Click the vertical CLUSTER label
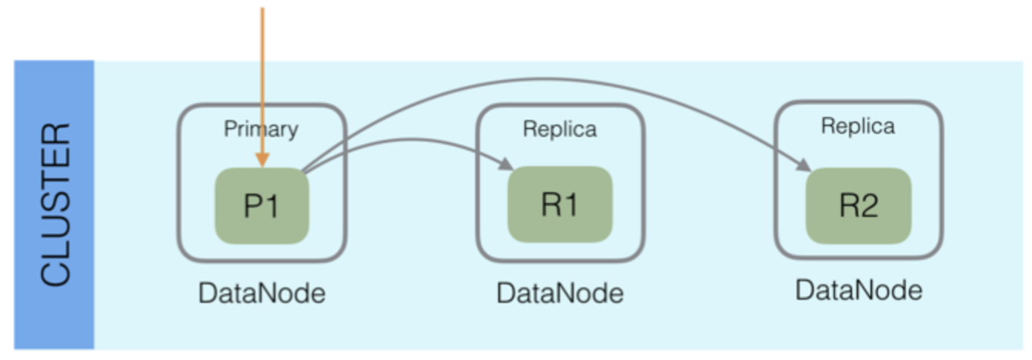55,205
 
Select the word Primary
261,129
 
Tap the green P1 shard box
261,206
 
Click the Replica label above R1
559,129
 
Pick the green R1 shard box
559,205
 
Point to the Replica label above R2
857,126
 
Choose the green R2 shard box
858,205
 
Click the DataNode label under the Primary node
261,293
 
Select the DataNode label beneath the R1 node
559,293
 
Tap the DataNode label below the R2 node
858,290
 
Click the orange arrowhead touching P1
262,160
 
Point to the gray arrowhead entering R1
506,165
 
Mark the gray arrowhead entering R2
804,165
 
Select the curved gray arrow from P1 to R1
408,140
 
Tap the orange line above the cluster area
262,35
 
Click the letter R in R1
549,205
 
